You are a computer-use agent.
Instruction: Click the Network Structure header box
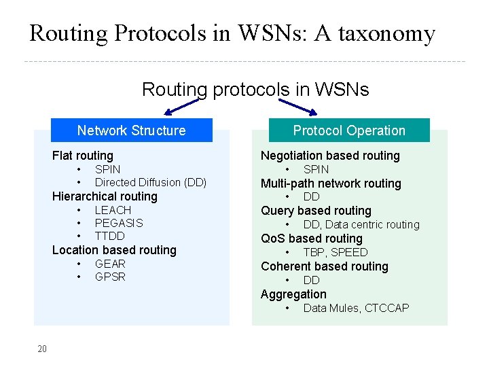(131, 130)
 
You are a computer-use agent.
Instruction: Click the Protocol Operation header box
(349, 130)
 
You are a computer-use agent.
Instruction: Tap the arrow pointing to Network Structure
(181, 107)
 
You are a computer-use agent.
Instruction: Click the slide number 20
(42, 349)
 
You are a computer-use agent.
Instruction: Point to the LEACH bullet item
(113, 210)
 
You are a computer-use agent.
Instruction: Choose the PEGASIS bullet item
(119, 223)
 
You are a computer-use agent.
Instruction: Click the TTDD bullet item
(110, 236)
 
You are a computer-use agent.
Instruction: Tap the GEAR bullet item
(110, 264)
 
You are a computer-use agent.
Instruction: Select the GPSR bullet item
(110, 277)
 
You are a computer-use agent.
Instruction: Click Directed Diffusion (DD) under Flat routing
(150, 182)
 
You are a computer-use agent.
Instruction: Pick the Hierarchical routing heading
(105, 196)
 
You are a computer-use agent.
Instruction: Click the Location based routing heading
(114, 250)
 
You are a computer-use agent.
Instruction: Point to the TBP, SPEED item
(335, 252)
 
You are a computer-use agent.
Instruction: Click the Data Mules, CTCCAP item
(356, 308)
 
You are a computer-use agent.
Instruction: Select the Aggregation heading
(293, 294)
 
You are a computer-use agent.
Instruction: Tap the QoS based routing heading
(312, 239)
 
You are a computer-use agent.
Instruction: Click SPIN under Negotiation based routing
(316, 169)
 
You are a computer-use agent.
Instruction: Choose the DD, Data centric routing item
(361, 224)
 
